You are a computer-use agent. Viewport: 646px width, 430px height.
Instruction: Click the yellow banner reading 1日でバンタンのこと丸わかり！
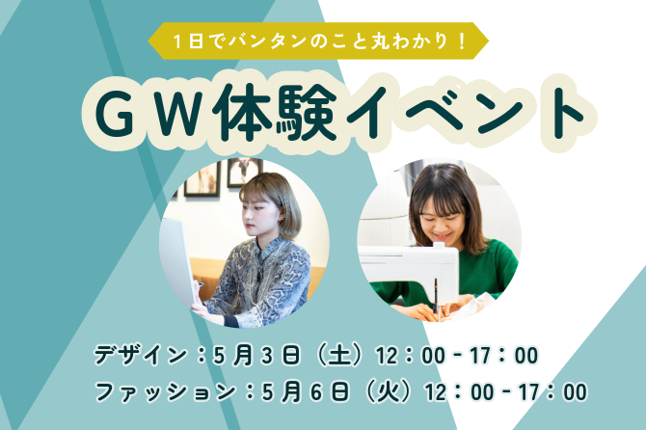[318, 40]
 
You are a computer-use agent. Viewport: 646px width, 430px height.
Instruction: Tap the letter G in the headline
[116, 113]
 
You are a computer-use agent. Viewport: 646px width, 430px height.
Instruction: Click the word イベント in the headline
[465, 113]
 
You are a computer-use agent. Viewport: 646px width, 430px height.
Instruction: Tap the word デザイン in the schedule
[141, 355]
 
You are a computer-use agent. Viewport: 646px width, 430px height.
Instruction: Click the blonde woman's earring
[283, 221]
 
